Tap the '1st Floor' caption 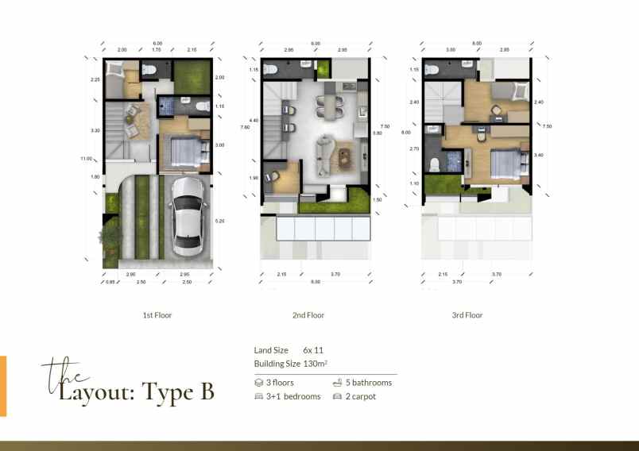157,315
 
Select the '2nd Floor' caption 308,315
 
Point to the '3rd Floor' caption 467,315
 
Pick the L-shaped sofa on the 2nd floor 325,153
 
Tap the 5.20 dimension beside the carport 219,221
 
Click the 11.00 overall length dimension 86,158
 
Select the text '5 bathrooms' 368,383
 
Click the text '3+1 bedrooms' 293,396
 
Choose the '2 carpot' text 360,396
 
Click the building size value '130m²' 316,364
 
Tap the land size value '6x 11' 313,350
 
